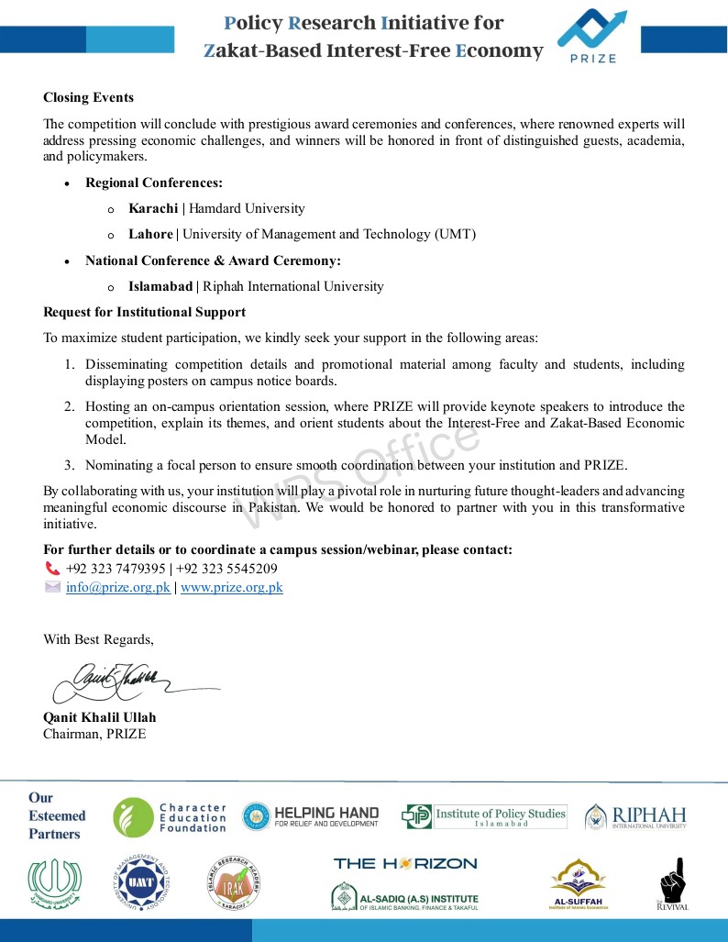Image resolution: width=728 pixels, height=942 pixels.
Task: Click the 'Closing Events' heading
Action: point(88,97)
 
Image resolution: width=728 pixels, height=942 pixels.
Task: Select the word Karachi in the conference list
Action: point(153,208)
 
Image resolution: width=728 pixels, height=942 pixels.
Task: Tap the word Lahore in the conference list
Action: point(151,234)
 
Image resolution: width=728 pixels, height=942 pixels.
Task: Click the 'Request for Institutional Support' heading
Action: point(144,312)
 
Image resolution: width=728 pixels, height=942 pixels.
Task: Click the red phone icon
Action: point(52,568)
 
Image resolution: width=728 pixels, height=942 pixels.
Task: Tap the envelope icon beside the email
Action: point(52,587)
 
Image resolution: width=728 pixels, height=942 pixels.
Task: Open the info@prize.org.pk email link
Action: point(118,587)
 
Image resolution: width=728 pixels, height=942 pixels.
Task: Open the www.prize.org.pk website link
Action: point(232,587)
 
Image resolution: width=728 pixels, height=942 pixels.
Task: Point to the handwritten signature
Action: point(119,681)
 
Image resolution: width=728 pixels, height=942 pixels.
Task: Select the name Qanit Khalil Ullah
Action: point(100,716)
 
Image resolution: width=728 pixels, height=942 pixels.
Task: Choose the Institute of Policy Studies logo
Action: point(484,815)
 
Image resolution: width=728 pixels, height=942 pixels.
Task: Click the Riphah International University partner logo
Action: point(635,815)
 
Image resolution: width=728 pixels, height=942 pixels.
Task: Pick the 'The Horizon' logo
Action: point(405,863)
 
